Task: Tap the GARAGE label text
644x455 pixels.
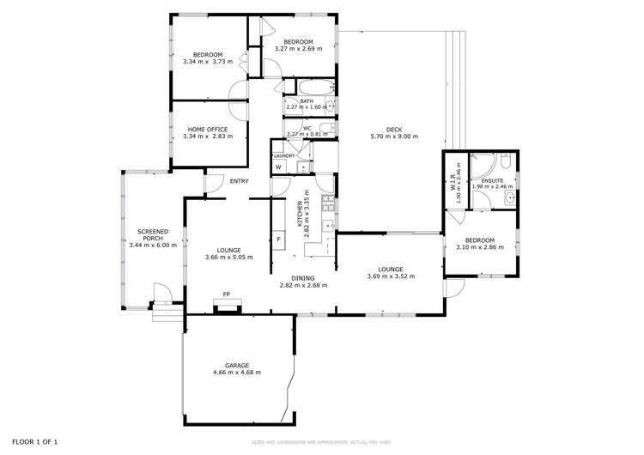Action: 237,365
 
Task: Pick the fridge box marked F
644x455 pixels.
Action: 278,239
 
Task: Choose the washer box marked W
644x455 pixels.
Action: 278,167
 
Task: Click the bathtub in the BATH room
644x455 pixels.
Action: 311,88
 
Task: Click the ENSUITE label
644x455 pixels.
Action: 491,179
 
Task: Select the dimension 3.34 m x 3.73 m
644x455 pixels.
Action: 208,62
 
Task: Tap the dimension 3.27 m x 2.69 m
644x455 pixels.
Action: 298,49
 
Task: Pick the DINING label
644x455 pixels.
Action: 302,278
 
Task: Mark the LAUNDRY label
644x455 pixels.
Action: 283,155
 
